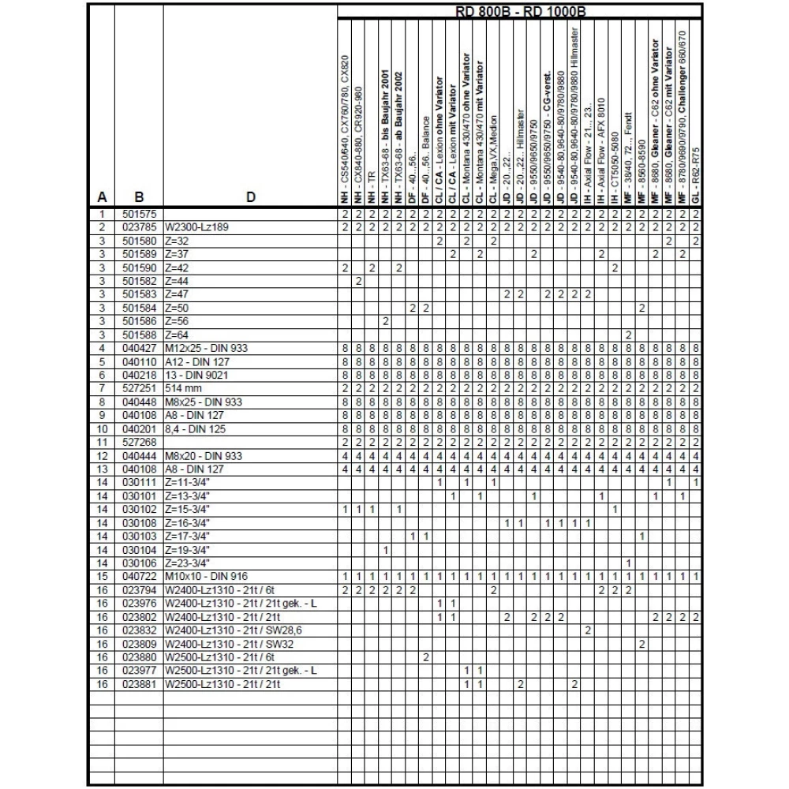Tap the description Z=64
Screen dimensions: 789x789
177,335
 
